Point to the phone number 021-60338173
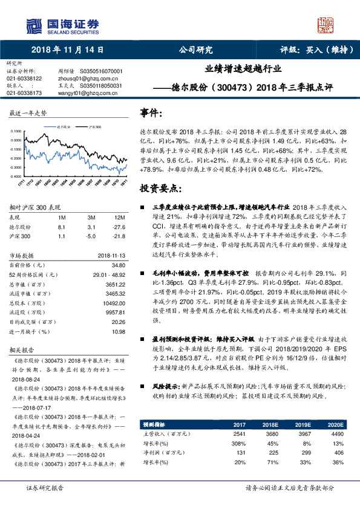[24, 93]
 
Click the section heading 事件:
[151, 113]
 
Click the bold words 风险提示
[166, 384]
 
